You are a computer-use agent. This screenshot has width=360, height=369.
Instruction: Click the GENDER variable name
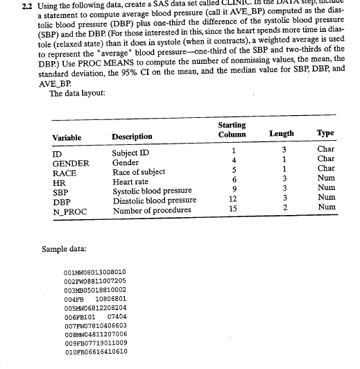tap(71, 164)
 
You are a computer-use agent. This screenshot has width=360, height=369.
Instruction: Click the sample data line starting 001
tap(94, 273)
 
